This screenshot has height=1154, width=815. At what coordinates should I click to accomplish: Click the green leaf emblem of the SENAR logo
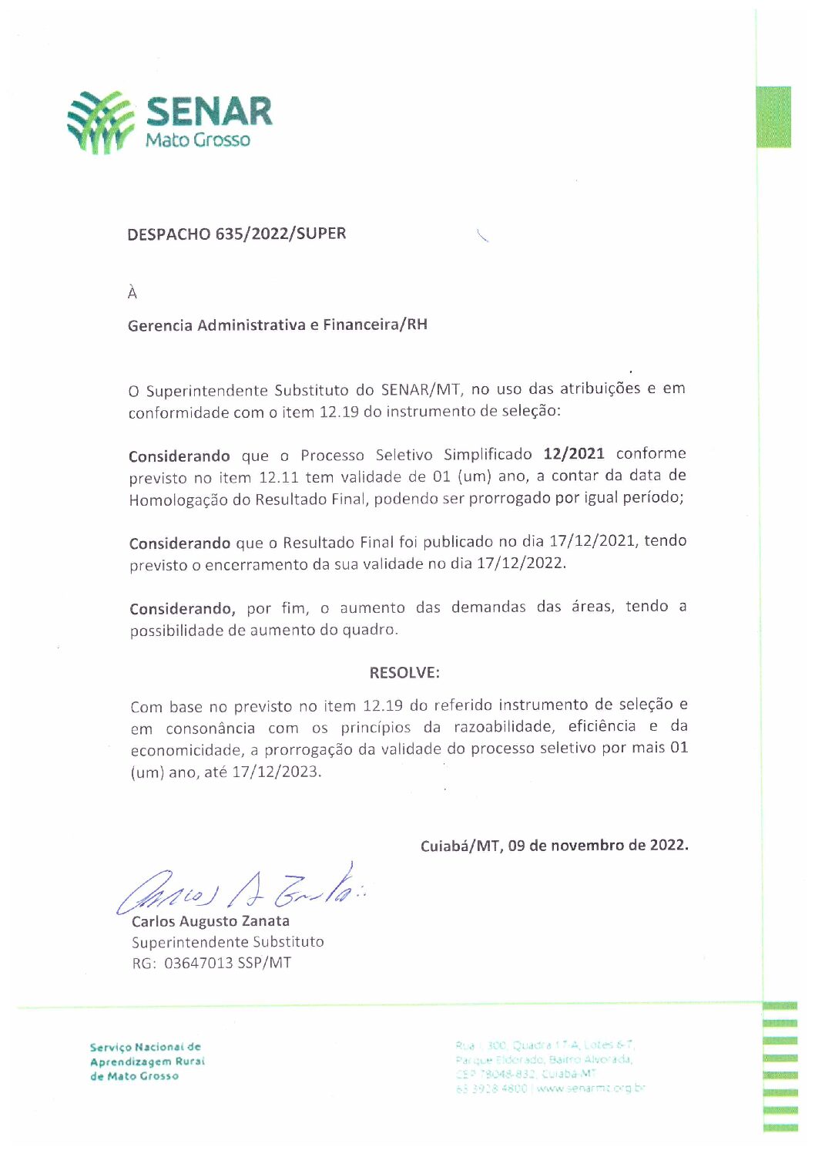click(x=101, y=122)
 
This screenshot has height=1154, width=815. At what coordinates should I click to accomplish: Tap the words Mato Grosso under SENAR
click(x=198, y=140)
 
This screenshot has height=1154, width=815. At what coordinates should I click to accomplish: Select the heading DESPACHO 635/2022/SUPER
click(x=236, y=234)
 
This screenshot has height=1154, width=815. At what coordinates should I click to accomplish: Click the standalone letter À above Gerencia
click(x=132, y=293)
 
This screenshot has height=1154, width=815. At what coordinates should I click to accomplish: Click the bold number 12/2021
click(x=574, y=453)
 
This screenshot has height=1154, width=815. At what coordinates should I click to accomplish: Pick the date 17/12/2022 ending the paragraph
click(x=520, y=563)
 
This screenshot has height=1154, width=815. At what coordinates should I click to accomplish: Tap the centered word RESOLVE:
click(x=404, y=672)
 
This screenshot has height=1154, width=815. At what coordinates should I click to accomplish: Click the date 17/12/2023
click(x=275, y=772)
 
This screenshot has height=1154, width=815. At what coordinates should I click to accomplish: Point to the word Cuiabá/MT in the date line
click(x=460, y=846)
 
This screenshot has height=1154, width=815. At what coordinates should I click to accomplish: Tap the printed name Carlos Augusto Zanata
click(x=210, y=921)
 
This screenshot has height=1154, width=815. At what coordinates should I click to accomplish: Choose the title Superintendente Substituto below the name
click(x=228, y=942)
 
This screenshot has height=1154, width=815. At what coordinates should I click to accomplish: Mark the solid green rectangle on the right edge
click(x=773, y=116)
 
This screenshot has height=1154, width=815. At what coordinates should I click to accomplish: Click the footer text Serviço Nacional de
click(x=145, y=1047)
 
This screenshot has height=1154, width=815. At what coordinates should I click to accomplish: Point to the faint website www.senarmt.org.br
click(x=591, y=1088)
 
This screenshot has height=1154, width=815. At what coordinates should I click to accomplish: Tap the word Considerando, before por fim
click(x=183, y=609)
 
